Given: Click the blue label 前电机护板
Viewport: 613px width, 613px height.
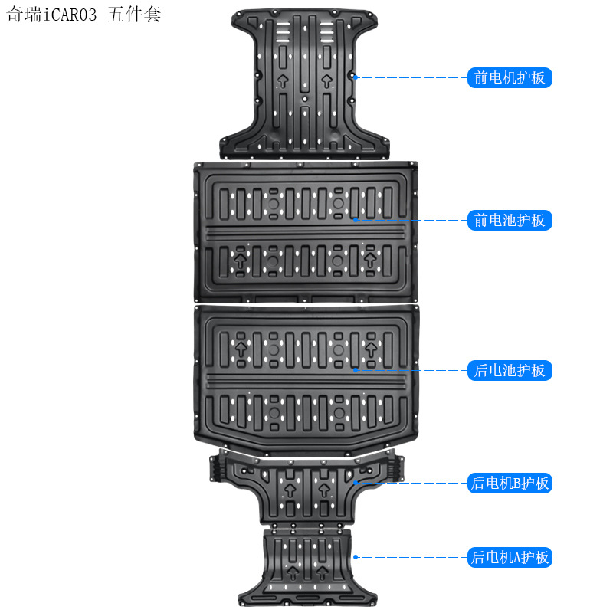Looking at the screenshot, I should point(510,77).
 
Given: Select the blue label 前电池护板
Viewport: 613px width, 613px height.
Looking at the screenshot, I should point(510,221).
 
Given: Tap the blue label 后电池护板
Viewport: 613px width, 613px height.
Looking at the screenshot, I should point(510,371).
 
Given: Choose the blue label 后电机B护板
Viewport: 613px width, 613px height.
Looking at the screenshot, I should point(510,484).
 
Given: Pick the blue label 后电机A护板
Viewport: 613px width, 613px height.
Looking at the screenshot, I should point(510,558).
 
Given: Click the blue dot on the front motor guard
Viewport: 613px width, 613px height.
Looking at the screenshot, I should point(356,77).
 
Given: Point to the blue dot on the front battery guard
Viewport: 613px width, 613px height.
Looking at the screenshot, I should point(356,220).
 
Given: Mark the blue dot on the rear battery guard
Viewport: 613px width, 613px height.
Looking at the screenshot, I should point(356,370).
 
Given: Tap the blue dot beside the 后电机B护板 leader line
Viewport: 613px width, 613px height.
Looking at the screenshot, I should point(356,483).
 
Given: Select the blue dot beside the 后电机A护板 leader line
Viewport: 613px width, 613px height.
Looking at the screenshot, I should point(356,557).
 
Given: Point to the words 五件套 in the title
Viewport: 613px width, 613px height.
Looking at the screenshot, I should point(135,15).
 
